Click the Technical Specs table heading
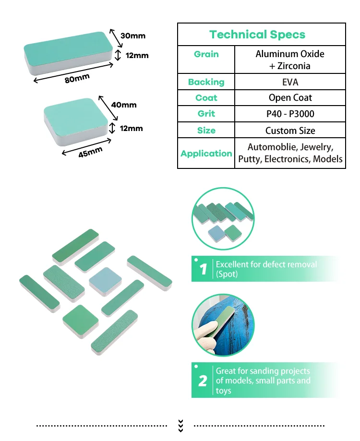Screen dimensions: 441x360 tap(257, 35)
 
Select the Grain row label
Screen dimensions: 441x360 tap(206, 54)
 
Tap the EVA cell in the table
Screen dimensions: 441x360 tap(290, 82)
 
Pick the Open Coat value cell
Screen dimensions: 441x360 tap(290, 98)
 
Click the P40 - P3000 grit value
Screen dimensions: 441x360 tap(290, 114)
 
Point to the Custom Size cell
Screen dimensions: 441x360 tap(290, 131)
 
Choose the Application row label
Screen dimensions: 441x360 tap(206, 154)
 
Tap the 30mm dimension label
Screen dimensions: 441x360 tap(133, 36)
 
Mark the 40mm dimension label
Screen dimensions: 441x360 tap(124, 105)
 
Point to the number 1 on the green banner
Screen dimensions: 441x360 tap(203, 270)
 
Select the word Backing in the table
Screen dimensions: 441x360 tap(206, 82)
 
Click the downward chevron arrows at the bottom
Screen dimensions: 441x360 tap(180, 425)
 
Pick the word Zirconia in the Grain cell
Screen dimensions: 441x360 tap(294, 66)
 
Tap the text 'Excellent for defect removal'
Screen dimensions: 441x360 tap(266, 264)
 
